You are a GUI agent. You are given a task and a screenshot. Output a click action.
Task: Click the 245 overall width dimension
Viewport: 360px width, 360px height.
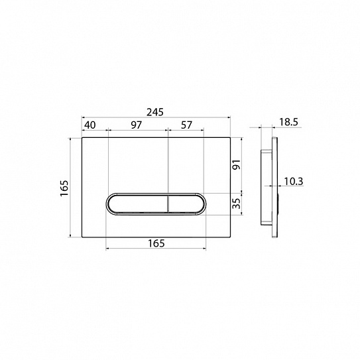155,112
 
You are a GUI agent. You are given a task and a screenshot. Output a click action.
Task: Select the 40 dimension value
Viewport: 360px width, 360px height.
90,125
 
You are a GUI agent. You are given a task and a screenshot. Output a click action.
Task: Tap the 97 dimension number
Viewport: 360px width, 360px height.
137,125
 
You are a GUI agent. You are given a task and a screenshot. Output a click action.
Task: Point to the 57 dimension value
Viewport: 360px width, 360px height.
186,125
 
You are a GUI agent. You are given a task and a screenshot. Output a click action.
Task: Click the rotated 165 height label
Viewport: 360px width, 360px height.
64,188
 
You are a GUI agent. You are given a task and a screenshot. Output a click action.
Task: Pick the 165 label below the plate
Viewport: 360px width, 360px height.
156,243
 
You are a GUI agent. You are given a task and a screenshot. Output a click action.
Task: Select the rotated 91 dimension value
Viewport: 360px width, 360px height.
237,164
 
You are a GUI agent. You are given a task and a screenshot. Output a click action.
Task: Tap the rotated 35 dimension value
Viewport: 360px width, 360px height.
237,204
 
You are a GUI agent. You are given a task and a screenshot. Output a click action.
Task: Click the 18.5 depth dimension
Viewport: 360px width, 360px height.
288,122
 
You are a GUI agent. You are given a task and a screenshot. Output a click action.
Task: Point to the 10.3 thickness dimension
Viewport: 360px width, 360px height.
294,182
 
